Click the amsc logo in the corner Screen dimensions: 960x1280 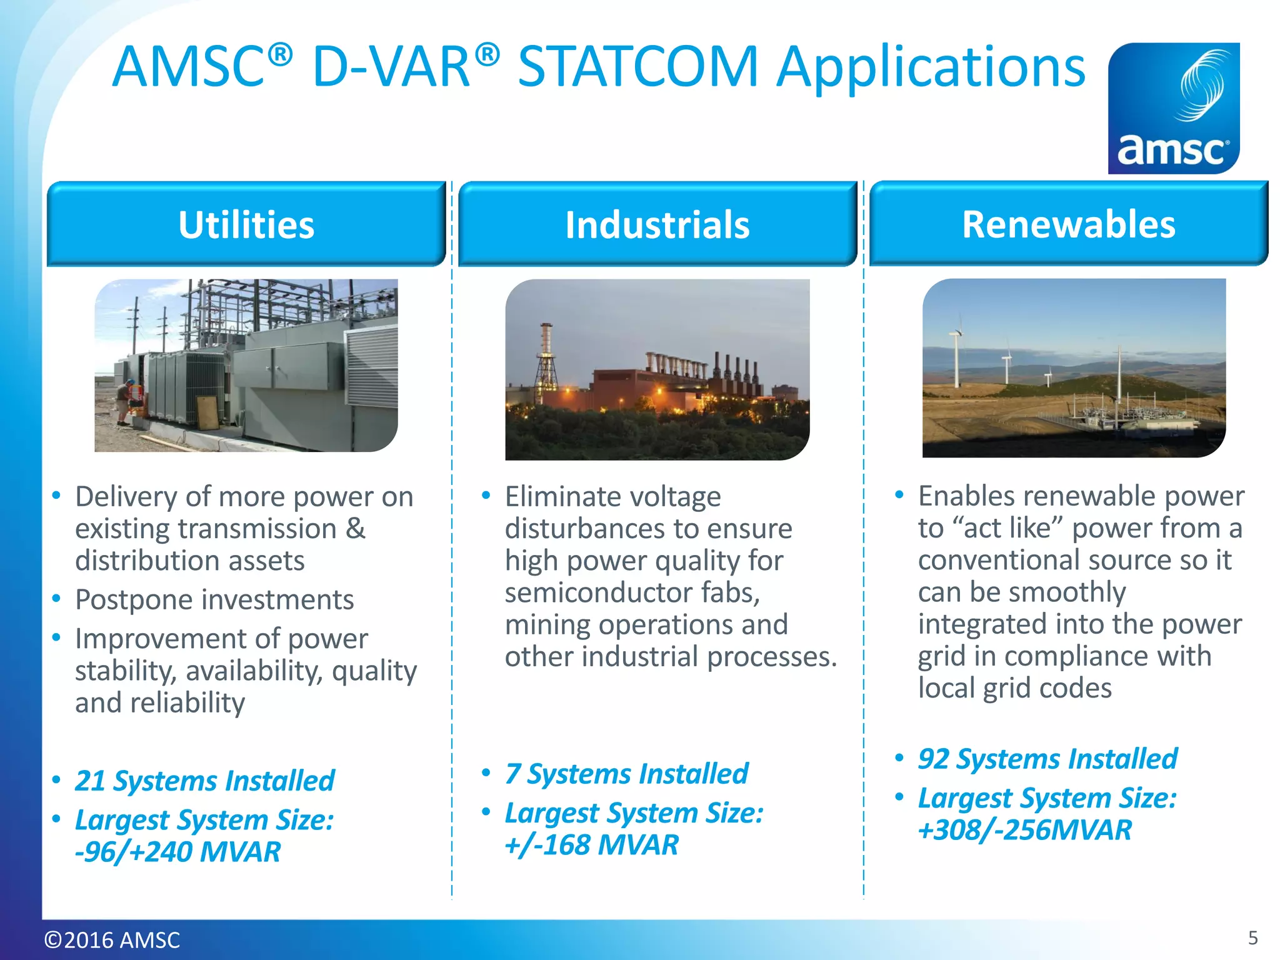[x=1173, y=108]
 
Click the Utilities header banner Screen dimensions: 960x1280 [x=246, y=224]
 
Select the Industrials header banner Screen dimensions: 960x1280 [x=657, y=224]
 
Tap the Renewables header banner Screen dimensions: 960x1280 [x=1068, y=224]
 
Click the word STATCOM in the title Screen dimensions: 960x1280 [x=637, y=67]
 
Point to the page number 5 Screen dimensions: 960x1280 [x=1252, y=937]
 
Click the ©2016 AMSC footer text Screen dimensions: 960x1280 [x=112, y=939]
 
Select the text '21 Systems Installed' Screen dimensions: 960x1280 [x=204, y=781]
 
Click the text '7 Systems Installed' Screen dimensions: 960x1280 [x=626, y=774]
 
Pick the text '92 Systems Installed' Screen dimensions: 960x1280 [x=1047, y=759]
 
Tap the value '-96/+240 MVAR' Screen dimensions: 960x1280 [x=178, y=852]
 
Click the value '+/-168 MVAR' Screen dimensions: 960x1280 [x=591, y=845]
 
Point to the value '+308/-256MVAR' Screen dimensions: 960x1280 [x=1025, y=830]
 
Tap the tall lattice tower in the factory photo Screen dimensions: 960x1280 [x=546, y=362]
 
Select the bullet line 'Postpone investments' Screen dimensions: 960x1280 [x=214, y=599]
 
